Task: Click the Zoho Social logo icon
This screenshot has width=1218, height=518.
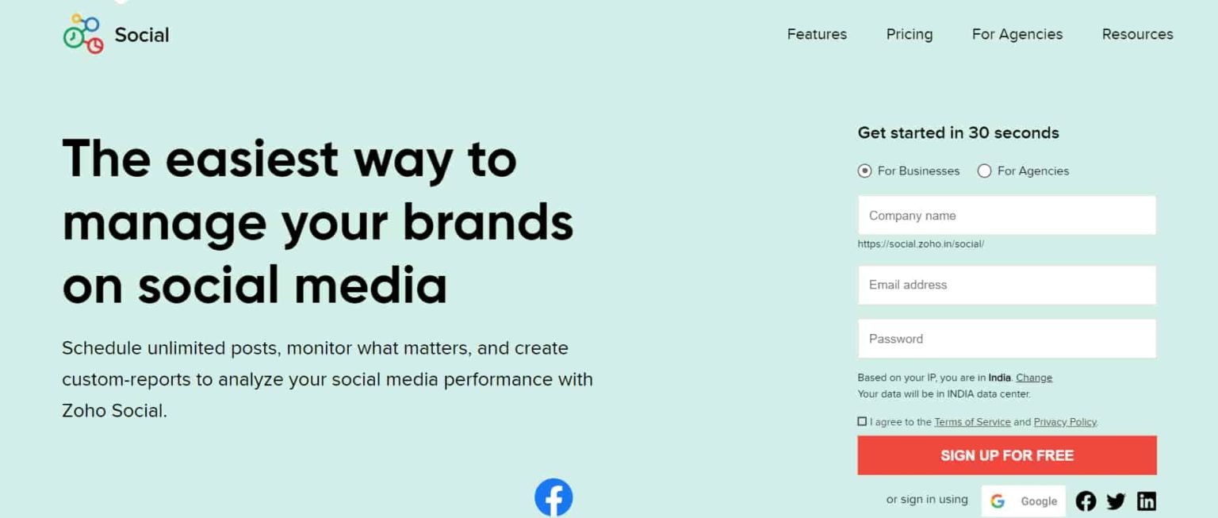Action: coord(83,34)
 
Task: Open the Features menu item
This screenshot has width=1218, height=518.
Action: coord(817,34)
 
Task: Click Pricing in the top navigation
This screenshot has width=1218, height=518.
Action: coord(910,35)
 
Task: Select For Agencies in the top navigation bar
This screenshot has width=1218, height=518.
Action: coord(1017,35)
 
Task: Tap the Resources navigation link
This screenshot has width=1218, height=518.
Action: coord(1138,34)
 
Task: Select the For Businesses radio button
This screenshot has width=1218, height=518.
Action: coord(864,171)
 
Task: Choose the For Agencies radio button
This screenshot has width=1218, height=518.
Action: coord(984,171)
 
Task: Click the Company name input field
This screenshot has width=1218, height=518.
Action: coord(1007,216)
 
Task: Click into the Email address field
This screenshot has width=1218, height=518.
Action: coord(1007,285)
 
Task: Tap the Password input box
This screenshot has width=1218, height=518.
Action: coord(1007,339)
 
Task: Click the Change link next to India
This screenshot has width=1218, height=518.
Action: coord(1034,378)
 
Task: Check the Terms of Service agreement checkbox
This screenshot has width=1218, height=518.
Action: coord(862,421)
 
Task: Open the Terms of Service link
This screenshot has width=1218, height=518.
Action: coord(972,422)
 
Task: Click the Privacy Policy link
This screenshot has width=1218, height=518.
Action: coord(1065,422)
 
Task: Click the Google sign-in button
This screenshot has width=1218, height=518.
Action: coord(1024,501)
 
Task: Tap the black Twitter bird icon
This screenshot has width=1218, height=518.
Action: coord(1116,501)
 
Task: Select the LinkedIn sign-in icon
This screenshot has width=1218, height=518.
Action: coord(1147,501)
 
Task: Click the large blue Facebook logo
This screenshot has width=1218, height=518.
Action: coord(553,497)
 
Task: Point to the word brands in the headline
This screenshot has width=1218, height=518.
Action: coord(488,223)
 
